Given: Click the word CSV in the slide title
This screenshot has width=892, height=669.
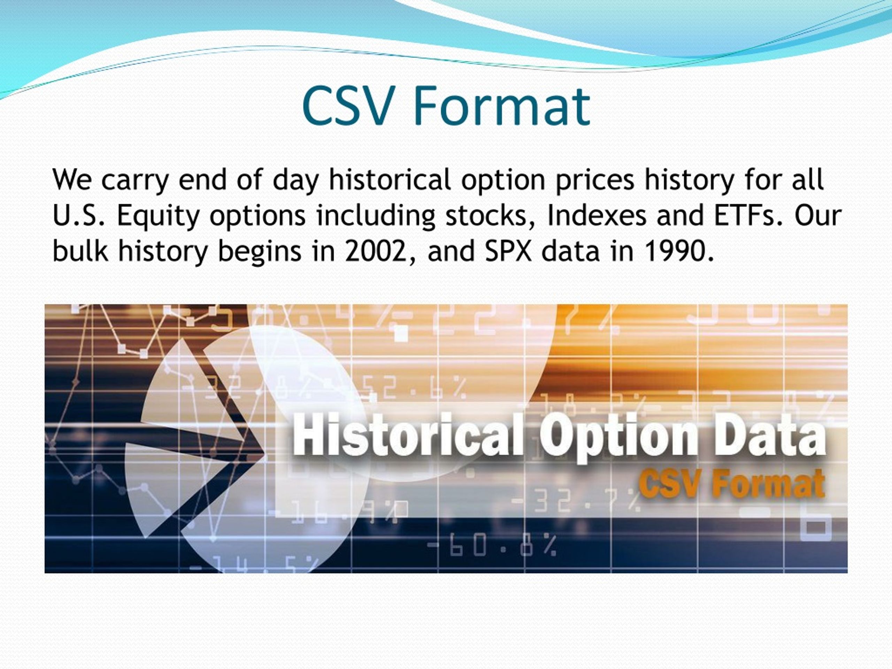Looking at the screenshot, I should pyautogui.click(x=348, y=106).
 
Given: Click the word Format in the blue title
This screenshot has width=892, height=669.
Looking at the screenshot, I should pyautogui.click(x=502, y=106).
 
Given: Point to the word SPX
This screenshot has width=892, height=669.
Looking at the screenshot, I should pyautogui.click(x=508, y=251).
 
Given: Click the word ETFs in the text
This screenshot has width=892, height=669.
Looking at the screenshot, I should pyautogui.click(x=745, y=215).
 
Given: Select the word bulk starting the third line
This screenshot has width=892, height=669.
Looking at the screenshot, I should pyautogui.click(x=80, y=251).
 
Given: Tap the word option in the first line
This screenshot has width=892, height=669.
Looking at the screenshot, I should pyautogui.click(x=503, y=180).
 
